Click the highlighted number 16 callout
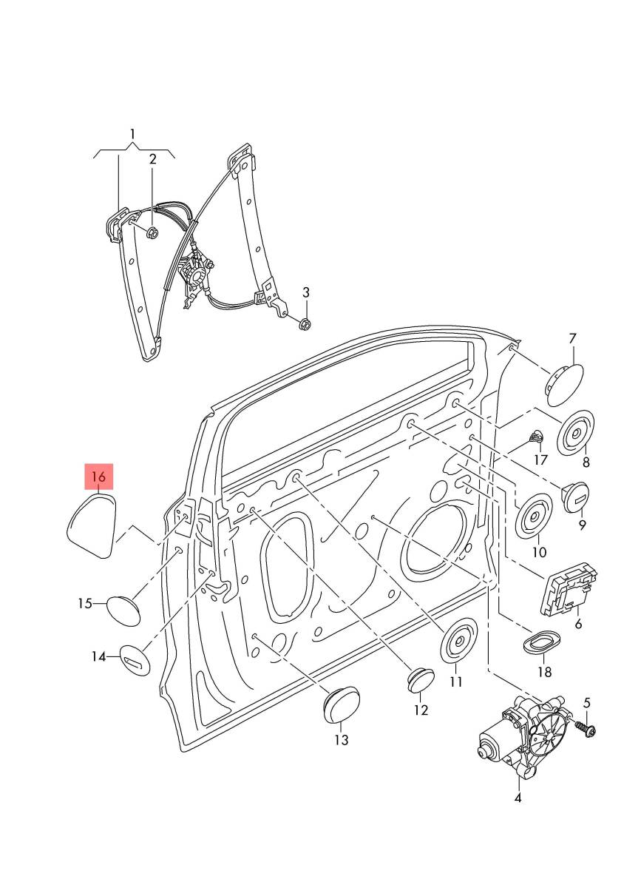click(99, 477)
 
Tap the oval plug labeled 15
click(123, 608)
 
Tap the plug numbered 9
click(576, 494)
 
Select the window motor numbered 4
click(524, 740)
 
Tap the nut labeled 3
click(304, 323)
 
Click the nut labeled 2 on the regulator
click(151, 234)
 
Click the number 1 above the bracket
click(133, 134)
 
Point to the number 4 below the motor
click(518, 798)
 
